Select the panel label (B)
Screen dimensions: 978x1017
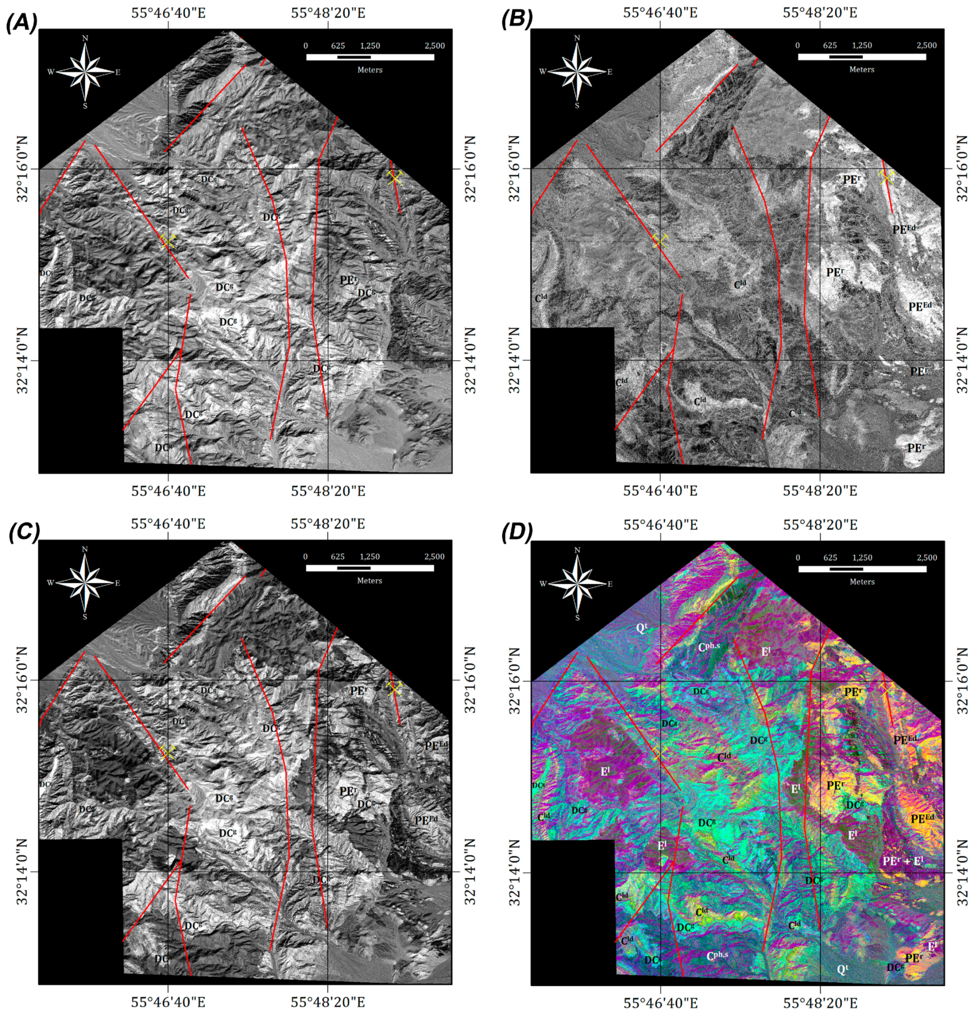tap(517, 19)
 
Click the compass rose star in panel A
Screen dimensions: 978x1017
tap(85, 72)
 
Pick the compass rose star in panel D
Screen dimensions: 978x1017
tap(577, 584)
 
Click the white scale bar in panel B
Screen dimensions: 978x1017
tap(862, 57)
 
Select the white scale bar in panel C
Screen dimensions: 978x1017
tap(369, 568)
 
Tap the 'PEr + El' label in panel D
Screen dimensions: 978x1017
tap(903, 861)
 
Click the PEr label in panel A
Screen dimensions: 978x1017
tap(349, 280)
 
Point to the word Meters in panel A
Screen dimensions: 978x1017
tap(369, 70)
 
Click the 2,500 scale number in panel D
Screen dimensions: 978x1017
tap(927, 557)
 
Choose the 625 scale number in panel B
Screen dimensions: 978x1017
tap(829, 45)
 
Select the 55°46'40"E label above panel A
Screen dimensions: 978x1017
tap(168, 12)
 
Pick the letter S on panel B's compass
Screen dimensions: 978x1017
tap(577, 106)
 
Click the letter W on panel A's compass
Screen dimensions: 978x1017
tap(51, 72)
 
